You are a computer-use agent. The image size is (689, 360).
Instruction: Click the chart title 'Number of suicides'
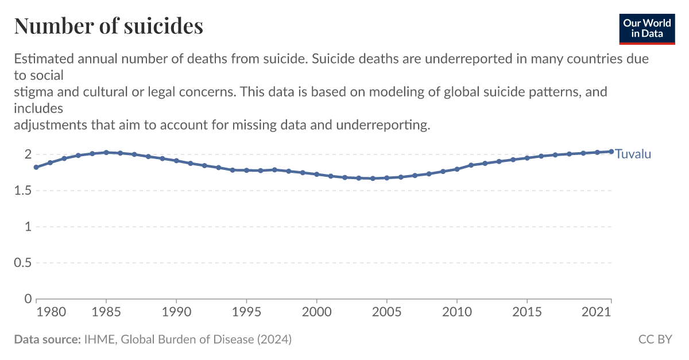tap(109, 26)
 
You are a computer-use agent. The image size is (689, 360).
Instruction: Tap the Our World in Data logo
tap(647, 27)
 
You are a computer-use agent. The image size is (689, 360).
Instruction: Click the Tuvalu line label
tap(633, 154)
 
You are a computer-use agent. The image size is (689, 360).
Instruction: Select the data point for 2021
tap(611, 152)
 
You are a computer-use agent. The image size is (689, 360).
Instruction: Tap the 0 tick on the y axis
tap(27, 299)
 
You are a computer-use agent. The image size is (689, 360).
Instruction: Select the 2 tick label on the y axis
tap(27, 154)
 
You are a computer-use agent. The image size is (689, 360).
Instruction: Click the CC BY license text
tap(655, 339)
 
